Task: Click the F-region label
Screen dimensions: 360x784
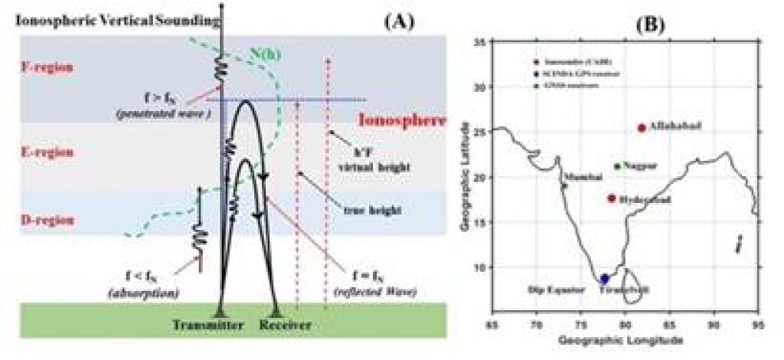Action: click(x=43, y=67)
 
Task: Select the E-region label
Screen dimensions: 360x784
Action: click(x=43, y=152)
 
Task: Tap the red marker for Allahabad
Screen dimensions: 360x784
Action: click(x=642, y=128)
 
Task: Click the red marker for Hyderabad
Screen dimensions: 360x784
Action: click(x=611, y=198)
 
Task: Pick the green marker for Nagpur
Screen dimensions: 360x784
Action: click(x=617, y=166)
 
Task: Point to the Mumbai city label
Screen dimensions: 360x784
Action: click(x=578, y=177)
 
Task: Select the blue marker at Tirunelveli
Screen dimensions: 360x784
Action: click(x=604, y=279)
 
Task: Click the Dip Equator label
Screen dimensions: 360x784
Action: click(x=552, y=290)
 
